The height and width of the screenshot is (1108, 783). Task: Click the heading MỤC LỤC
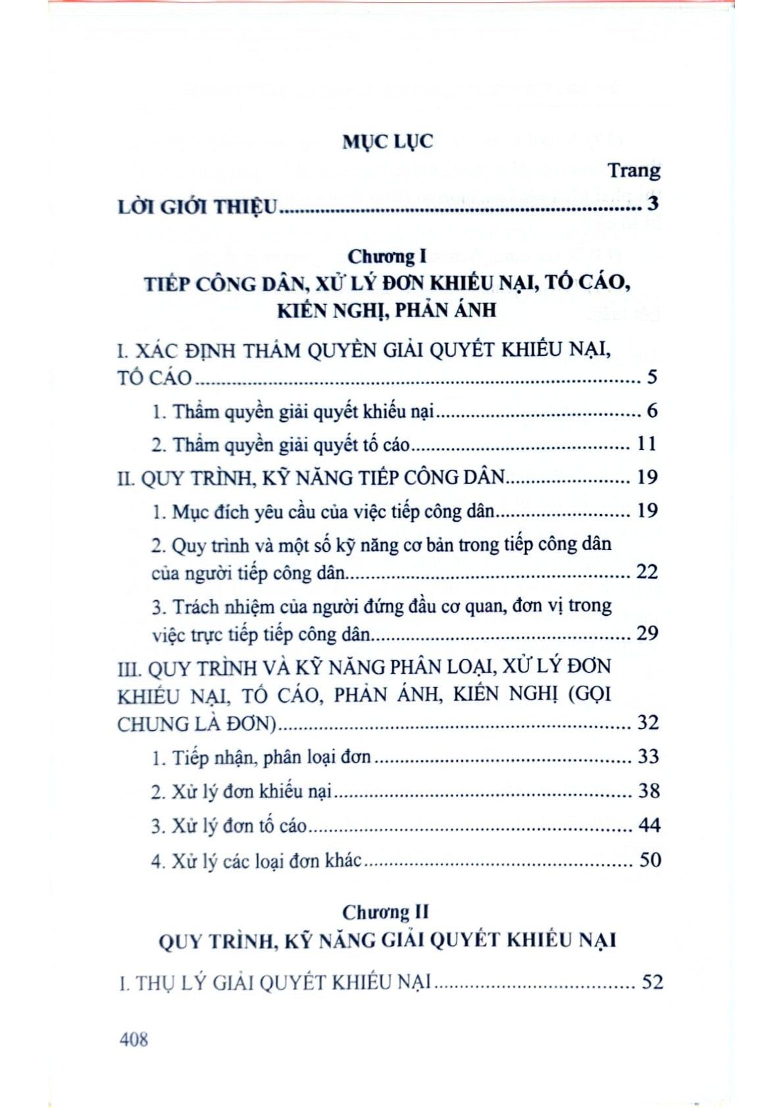[388, 141]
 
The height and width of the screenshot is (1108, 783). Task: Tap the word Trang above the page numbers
[634, 170]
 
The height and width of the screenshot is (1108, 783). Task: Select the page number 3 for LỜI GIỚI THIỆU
[652, 204]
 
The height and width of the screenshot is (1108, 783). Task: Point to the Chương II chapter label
[386, 912]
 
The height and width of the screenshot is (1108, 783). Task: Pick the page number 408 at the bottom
[134, 1039]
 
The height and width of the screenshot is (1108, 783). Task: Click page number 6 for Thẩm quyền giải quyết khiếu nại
[651, 411]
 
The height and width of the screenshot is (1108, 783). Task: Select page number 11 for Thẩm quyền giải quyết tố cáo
[647, 444]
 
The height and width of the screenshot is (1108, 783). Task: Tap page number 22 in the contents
[647, 572]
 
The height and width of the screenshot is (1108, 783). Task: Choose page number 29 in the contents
[647, 633]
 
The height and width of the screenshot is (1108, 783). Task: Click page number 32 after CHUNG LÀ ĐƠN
[647, 723]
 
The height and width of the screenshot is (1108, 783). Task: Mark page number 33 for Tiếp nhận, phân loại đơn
[648, 757]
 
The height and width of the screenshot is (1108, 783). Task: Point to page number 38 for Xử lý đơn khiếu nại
[648, 790]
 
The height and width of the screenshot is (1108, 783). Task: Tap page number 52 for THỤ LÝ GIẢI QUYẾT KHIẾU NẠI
[651, 982]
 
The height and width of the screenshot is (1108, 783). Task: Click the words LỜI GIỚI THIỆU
[198, 207]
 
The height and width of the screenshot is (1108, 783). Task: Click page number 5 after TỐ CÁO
[652, 377]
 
